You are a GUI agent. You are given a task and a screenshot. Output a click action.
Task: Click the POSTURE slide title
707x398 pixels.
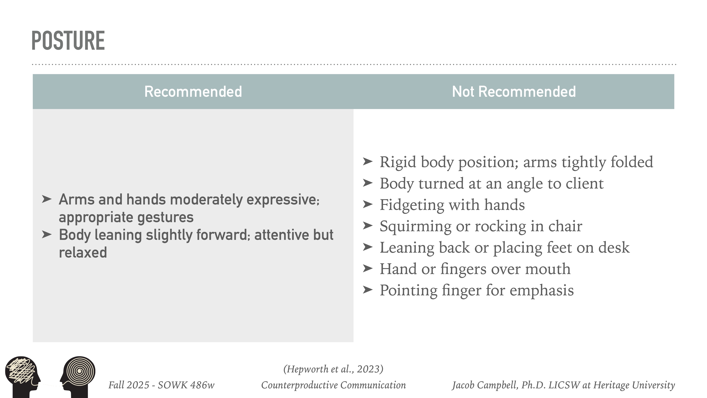point(68,41)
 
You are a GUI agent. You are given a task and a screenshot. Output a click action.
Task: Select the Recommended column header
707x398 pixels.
point(193,92)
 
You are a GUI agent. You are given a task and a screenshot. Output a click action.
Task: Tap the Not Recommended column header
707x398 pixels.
point(513,92)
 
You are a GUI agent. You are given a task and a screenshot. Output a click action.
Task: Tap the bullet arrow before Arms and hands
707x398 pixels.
point(47,199)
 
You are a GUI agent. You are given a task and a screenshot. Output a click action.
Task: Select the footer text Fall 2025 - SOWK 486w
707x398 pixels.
point(161,385)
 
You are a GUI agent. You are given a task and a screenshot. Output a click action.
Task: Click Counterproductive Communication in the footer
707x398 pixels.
point(333,385)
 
